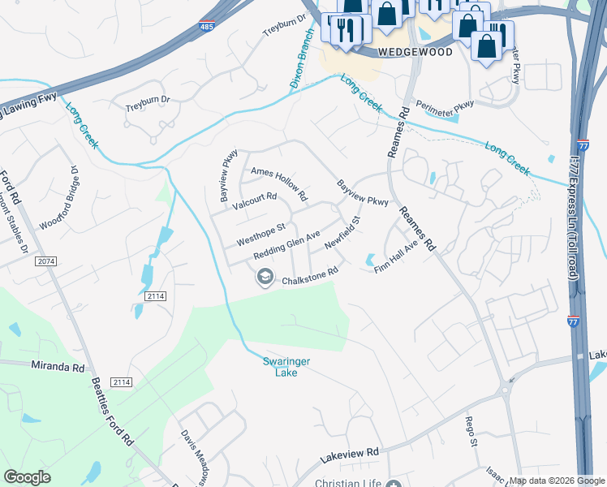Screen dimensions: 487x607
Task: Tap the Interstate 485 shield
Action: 209,27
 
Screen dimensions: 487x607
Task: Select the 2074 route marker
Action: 45,261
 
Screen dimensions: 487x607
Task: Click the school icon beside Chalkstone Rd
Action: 264,278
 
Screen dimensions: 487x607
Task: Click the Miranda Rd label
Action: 58,367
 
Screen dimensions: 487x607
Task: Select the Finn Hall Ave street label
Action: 396,256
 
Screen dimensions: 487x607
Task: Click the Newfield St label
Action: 342,232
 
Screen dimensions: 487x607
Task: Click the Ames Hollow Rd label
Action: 279,183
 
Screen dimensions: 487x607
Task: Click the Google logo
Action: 28,477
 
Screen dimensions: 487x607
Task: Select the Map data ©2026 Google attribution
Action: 557,481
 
